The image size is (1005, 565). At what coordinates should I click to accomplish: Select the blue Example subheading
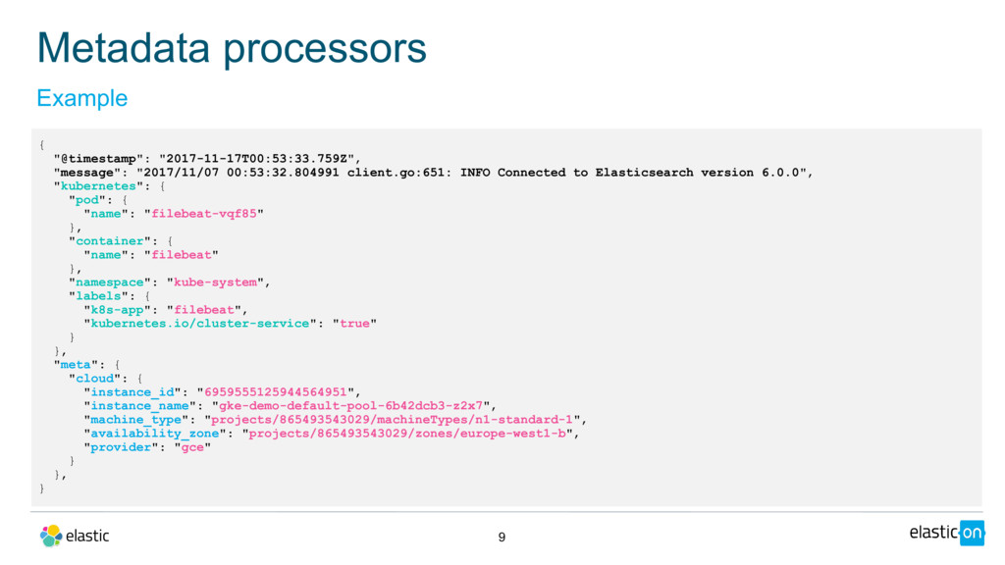81,98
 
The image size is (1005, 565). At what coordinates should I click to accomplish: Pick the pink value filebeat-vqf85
204,213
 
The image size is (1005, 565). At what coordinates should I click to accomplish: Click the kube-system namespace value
216,282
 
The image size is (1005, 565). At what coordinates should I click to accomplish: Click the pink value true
354,323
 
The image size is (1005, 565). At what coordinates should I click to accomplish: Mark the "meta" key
76,364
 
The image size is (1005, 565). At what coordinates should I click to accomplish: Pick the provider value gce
192,446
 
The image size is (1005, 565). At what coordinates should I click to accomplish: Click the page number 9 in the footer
502,537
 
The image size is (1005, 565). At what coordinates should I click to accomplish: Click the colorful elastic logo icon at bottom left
51,536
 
